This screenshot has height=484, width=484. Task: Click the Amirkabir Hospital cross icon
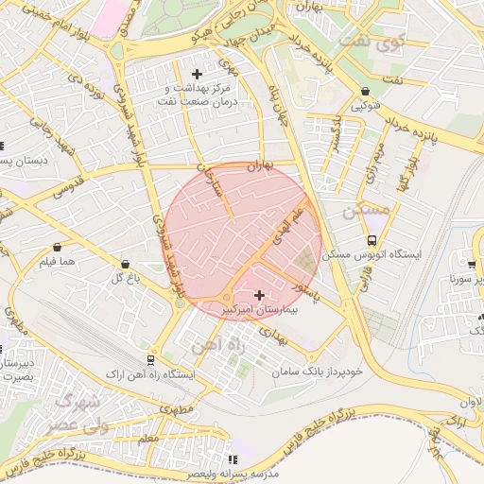click(x=260, y=296)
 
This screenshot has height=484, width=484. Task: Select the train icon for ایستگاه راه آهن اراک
click(x=151, y=360)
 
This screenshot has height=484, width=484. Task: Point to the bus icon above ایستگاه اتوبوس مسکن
click(x=372, y=240)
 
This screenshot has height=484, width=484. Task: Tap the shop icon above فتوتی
click(x=366, y=92)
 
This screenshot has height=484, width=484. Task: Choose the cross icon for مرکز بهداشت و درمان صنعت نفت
click(x=197, y=74)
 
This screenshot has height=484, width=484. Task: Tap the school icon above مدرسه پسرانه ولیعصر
click(x=233, y=459)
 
